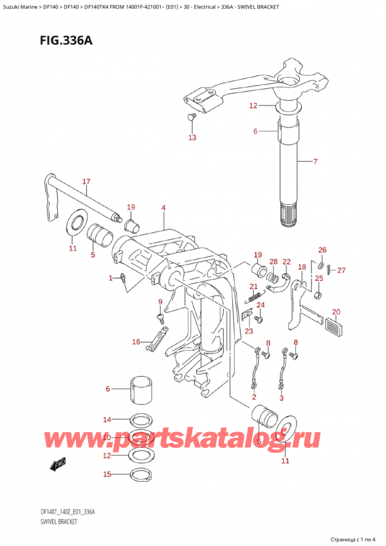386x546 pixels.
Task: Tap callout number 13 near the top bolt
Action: coord(192,137)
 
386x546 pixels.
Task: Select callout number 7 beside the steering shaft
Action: coord(315,161)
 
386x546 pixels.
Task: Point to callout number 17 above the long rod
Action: coord(86,182)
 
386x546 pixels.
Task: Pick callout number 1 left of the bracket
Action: coord(111,278)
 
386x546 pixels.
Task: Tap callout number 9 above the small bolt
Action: coord(160,302)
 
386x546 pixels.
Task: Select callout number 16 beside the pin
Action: coord(135,341)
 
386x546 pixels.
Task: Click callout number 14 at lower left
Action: coord(107,419)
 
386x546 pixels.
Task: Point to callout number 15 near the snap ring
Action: coord(107,475)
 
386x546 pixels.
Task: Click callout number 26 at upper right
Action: coord(322,250)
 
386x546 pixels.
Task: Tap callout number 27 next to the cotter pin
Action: coord(341,270)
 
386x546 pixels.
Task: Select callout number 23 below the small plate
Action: coord(248,332)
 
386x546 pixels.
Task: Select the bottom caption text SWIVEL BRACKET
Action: coord(49,522)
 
